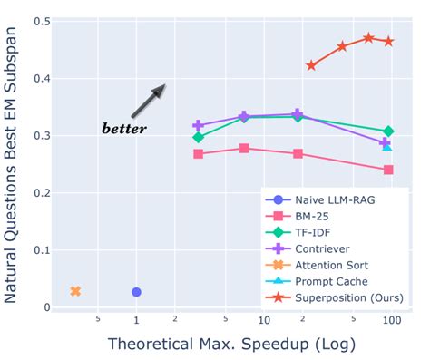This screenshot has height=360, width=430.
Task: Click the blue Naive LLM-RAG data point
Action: pos(136,292)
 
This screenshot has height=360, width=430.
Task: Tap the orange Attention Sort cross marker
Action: pos(75,291)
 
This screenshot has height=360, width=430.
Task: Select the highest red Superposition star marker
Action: pos(368,38)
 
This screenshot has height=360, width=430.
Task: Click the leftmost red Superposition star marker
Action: pos(311,65)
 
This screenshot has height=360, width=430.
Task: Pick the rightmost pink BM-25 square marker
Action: pos(388,170)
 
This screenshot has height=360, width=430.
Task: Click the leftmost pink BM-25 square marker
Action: pos(198,154)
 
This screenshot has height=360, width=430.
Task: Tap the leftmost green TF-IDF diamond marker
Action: pos(198,137)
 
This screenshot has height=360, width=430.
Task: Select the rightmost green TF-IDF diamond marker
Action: pos(388,131)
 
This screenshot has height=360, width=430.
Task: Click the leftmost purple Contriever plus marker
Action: pos(198,126)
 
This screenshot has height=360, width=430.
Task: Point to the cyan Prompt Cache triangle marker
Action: pos(386,146)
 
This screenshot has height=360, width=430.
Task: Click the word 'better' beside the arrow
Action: pos(123,129)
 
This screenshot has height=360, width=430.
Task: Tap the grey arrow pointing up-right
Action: pos(148,100)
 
